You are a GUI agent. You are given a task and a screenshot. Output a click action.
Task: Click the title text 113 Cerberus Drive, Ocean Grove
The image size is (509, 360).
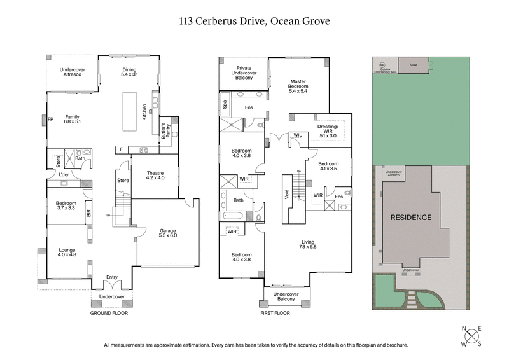coord(254,21)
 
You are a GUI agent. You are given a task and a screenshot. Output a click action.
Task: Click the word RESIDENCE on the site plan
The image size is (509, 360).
coord(410,218)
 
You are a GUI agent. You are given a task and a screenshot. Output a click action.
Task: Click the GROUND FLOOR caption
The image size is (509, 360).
coord(113,314)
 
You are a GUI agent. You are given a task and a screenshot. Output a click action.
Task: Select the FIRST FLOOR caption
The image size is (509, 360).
coord(275,314)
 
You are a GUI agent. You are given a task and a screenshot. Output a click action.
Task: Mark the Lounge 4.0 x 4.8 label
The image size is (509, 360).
coord(67,253)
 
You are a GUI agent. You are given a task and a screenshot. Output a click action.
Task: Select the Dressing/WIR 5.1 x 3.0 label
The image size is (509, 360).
coord(329,130)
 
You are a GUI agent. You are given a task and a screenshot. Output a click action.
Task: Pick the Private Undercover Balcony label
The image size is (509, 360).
coord(243,73)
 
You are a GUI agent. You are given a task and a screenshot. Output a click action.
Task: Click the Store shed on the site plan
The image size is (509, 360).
coord(412,64)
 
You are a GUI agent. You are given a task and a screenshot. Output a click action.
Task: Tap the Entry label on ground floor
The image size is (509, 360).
coord(112,277)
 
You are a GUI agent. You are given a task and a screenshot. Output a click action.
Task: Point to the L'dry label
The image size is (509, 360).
coord(63,174)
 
